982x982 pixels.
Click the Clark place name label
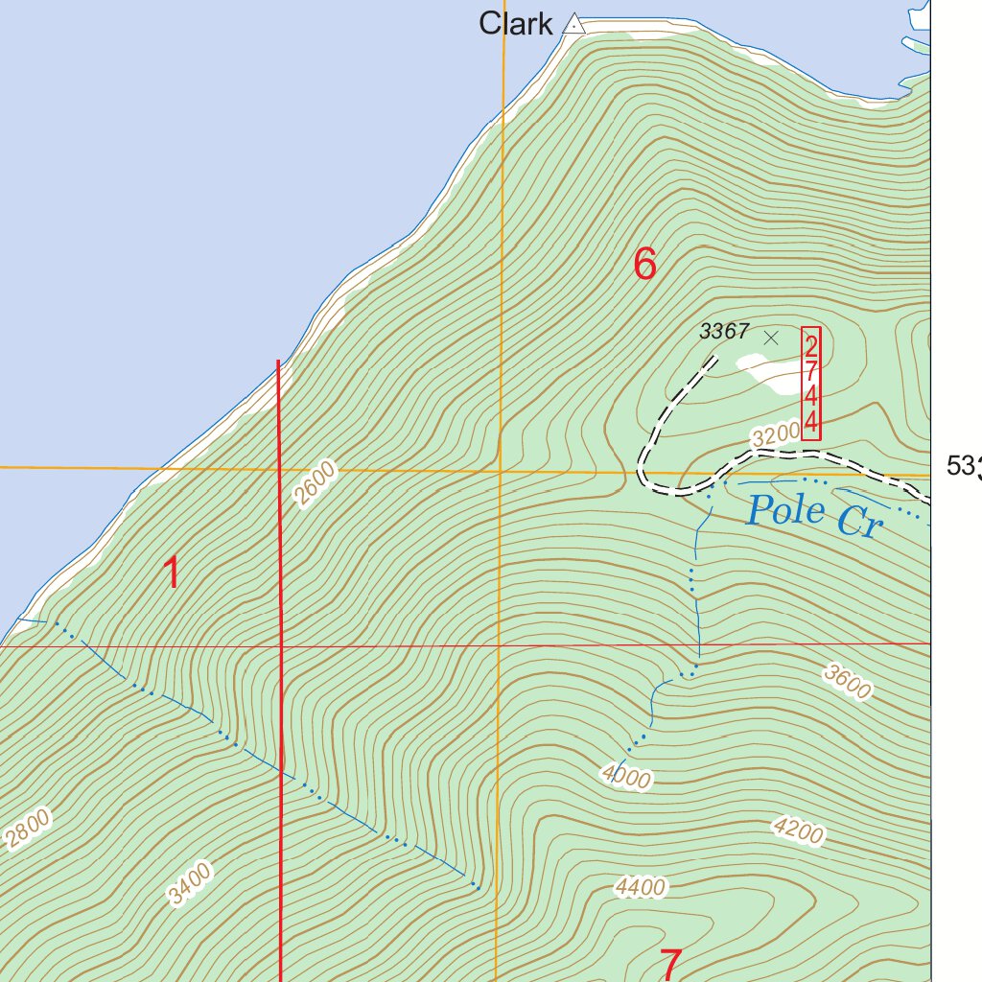click(x=516, y=24)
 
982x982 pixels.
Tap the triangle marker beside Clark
click(x=573, y=24)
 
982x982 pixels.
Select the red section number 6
click(x=645, y=264)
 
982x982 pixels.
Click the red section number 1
click(x=172, y=573)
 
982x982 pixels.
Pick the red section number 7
click(x=671, y=964)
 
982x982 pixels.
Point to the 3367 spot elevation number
click(x=724, y=332)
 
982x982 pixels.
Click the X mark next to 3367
click(x=771, y=338)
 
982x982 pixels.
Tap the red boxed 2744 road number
click(x=811, y=384)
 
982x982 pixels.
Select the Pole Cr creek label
click(x=813, y=516)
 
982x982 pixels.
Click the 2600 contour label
click(x=316, y=482)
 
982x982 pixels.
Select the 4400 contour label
click(x=641, y=889)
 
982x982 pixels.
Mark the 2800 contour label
click(x=27, y=830)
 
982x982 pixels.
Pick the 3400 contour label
click(x=189, y=884)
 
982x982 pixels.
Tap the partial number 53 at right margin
click(x=963, y=466)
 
